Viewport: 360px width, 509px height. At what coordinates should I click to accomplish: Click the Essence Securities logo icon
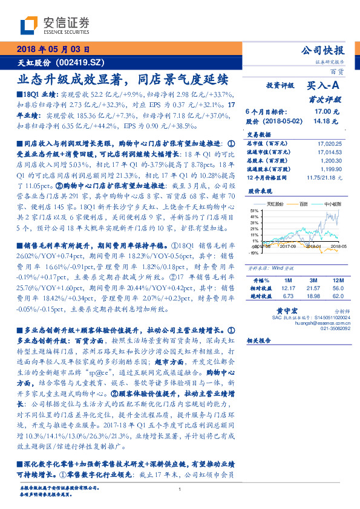pyautogui.click(x=28, y=25)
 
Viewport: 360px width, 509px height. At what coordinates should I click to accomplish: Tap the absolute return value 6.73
pyautogui.click(x=289, y=296)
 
